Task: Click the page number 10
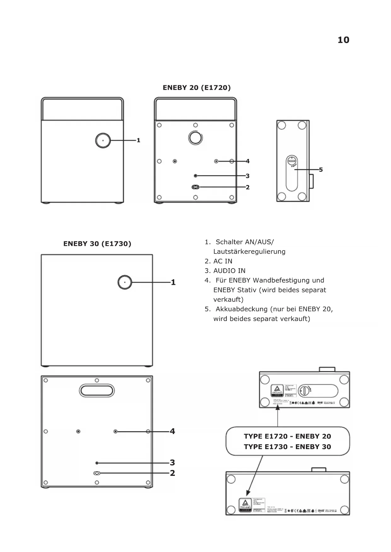pos(343,40)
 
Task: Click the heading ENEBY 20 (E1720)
pos(197,87)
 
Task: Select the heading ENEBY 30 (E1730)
pos(97,244)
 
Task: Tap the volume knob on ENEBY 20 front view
pos(103,140)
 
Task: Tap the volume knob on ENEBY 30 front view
pos(125,282)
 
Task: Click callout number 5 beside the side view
pos(321,170)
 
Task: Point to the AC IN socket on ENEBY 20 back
pos(195,187)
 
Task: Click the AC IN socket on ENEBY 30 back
pos(97,473)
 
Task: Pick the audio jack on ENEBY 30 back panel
pos(97,463)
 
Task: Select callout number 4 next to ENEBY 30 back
pos(172,431)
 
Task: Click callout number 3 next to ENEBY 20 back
pos(248,176)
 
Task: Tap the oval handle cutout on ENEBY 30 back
pos(97,391)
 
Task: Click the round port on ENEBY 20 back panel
pos(195,138)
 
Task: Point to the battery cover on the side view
pos(292,173)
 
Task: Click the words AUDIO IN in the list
pos(229,271)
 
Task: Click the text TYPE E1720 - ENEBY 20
pos(287,436)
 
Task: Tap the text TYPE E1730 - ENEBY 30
pos(287,447)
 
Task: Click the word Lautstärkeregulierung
pos(249,251)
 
